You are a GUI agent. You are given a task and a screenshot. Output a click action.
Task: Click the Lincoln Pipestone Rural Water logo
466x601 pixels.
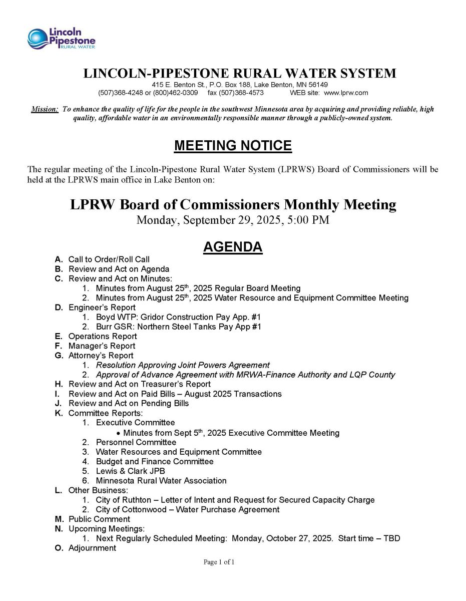point(62,39)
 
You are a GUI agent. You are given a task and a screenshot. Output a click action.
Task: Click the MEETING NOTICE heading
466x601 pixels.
point(233,146)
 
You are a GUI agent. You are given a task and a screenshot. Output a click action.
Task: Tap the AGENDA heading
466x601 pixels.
point(233,247)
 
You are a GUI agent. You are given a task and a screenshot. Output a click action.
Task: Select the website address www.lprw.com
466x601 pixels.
point(346,93)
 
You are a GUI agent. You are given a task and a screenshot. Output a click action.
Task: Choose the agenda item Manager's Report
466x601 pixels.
point(102,346)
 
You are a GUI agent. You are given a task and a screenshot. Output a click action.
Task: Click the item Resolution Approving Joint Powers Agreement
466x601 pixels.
point(183,365)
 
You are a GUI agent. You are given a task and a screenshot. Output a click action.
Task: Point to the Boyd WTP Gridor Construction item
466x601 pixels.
point(178,317)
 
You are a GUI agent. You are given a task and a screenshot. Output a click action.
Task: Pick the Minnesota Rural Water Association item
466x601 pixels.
point(161,480)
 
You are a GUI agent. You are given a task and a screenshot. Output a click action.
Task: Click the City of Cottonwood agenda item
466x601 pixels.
point(188,509)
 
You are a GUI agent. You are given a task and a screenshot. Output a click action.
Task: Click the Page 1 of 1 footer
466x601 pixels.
point(219,562)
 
